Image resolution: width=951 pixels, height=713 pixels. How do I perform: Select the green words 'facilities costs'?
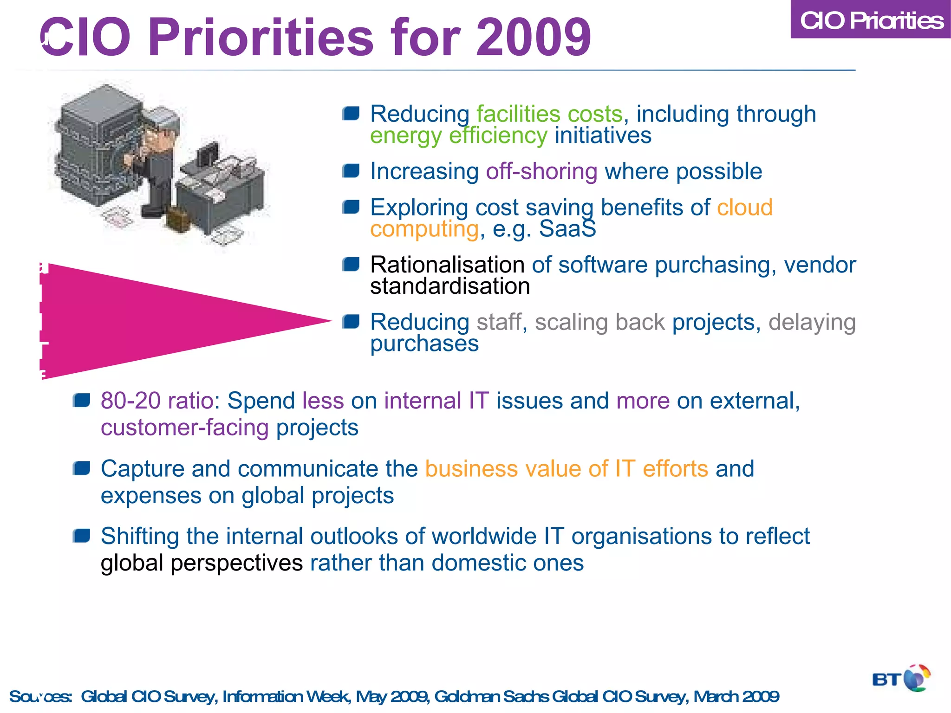click(x=549, y=114)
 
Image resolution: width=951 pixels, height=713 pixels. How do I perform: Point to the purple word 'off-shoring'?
click(x=541, y=171)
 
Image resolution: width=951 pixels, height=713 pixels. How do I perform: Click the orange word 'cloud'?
click(x=744, y=207)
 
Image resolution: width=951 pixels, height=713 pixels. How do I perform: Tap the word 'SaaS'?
click(x=567, y=229)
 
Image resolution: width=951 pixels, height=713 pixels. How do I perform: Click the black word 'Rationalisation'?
click(x=447, y=265)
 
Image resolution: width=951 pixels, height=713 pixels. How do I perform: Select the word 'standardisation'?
click(x=449, y=286)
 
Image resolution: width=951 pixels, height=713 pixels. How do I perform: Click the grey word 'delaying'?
click(x=812, y=322)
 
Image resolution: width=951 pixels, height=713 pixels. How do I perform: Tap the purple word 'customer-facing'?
click(x=185, y=428)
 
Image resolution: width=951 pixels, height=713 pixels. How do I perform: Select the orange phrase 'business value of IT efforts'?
click(x=567, y=469)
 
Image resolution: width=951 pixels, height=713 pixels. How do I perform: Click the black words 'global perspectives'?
click(x=202, y=563)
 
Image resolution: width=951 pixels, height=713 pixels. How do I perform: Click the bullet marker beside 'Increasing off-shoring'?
click(x=351, y=171)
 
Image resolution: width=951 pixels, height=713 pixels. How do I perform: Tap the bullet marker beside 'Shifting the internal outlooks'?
click(x=82, y=536)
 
